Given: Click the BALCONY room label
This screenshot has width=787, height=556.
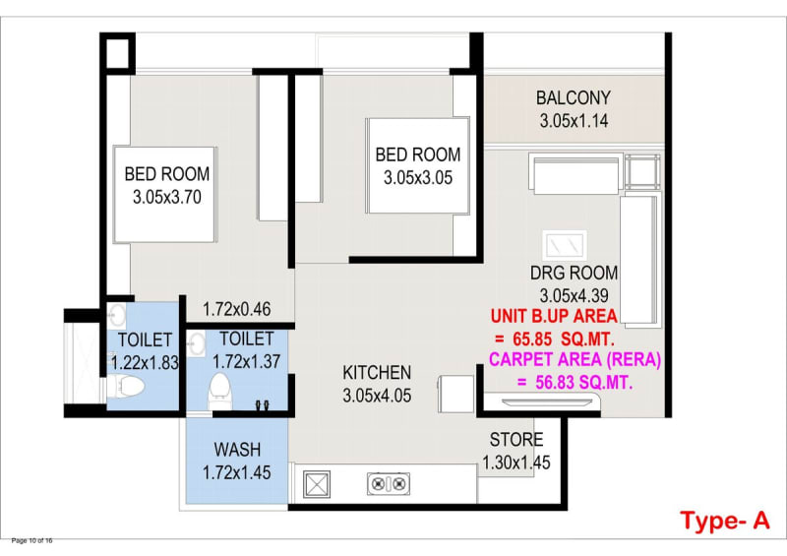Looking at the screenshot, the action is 574,98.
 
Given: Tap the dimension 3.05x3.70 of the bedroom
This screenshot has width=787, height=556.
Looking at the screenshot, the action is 167,197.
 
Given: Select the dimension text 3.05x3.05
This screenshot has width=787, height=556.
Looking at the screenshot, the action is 418,178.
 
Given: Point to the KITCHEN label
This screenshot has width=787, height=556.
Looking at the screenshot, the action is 377,373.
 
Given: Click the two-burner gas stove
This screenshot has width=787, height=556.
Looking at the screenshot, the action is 388,484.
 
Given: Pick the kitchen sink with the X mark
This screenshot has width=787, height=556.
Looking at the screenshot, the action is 317,485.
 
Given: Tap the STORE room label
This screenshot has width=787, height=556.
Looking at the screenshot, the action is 516,440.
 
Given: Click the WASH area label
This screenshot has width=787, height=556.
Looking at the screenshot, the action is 237,450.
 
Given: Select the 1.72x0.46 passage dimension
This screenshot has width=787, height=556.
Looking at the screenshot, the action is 237,309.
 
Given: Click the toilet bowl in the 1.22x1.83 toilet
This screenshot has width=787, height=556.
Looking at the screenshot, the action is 126,388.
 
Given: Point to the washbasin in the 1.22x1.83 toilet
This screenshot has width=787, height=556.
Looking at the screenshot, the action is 116,316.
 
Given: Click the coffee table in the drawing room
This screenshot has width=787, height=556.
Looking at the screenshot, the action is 565,246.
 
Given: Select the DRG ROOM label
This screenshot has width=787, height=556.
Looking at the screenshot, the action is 575,273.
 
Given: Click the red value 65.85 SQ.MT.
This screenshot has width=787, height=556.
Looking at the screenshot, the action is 564,340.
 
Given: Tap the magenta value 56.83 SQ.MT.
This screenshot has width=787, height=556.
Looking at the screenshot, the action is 584,383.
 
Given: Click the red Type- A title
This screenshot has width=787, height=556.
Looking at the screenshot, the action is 725,521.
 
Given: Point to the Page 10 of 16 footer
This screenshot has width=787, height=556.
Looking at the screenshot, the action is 31,541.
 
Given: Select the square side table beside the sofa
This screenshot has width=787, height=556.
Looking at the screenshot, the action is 642,172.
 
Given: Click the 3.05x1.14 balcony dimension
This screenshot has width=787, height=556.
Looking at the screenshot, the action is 575,121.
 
